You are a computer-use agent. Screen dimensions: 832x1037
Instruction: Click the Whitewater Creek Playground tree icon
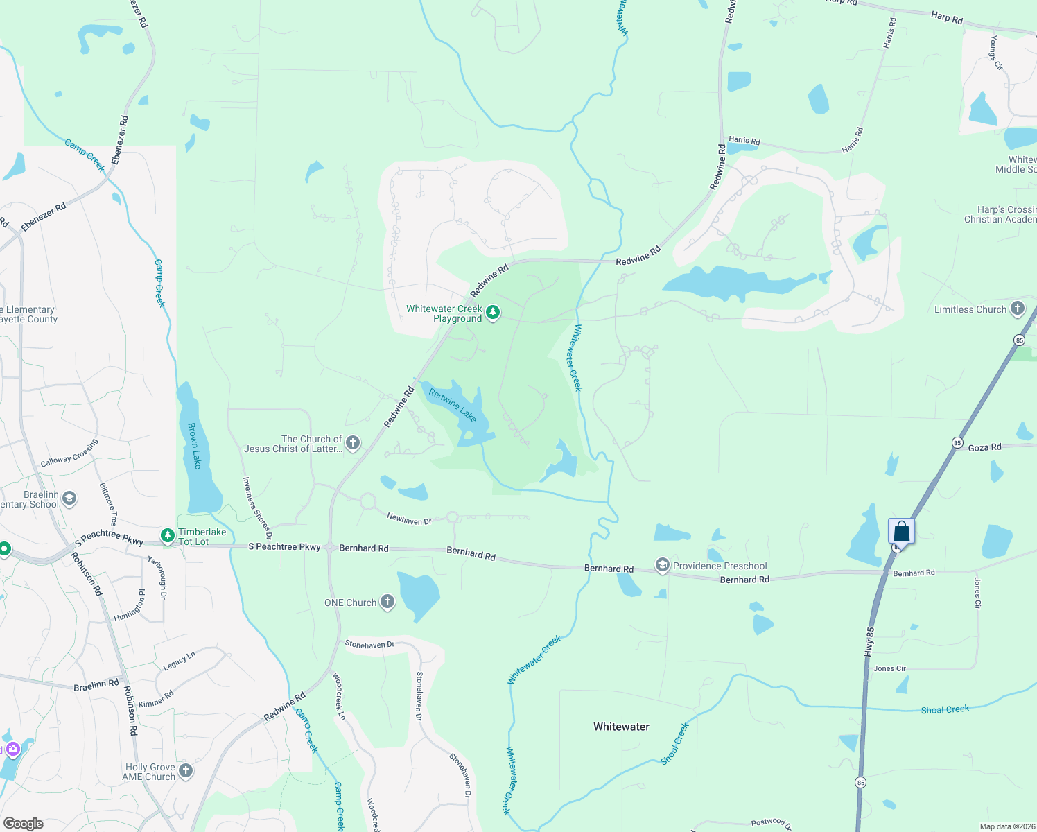click(x=493, y=313)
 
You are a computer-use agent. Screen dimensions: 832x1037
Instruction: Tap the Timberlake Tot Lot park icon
click(x=167, y=536)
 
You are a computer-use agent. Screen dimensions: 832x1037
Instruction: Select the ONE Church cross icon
click(x=387, y=602)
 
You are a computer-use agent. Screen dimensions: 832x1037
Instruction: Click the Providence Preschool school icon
click(x=663, y=566)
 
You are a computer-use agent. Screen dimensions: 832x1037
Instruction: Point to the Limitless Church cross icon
click(x=1017, y=309)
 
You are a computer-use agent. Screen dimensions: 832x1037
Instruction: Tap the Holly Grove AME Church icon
click(x=186, y=771)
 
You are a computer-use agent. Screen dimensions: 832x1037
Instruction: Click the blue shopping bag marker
click(x=901, y=532)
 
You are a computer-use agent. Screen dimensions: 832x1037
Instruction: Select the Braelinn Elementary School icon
click(x=69, y=499)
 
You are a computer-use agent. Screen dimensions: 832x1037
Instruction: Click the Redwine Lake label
click(x=453, y=406)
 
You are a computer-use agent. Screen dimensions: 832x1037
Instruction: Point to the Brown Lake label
click(x=195, y=445)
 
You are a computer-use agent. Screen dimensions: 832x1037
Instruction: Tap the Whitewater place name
click(x=621, y=727)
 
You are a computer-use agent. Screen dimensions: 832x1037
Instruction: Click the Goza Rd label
click(x=984, y=447)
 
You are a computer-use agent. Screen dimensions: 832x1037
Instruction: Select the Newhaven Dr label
click(x=409, y=519)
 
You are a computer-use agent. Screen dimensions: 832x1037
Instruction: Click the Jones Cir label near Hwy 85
click(x=889, y=668)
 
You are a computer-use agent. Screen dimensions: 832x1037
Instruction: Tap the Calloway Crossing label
click(x=69, y=453)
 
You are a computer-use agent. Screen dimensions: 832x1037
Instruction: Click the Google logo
click(x=24, y=824)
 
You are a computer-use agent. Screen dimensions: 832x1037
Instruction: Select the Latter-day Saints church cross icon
click(x=353, y=443)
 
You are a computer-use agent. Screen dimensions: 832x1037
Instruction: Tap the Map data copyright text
click(x=1004, y=826)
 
